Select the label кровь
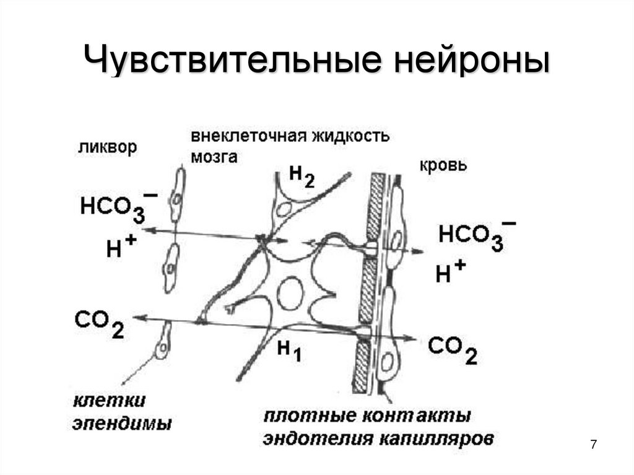443,165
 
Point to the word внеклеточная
244,137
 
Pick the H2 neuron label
302,176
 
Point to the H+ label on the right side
450,272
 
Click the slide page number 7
594,444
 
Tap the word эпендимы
122,424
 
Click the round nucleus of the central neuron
289,293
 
